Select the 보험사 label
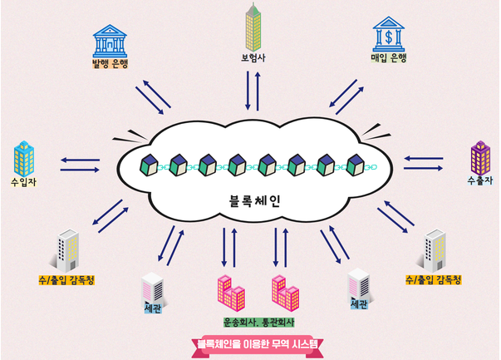point(249,59)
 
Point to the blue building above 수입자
point(24,157)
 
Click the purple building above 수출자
point(479,155)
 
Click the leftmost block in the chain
point(149,164)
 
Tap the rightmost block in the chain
point(356,164)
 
